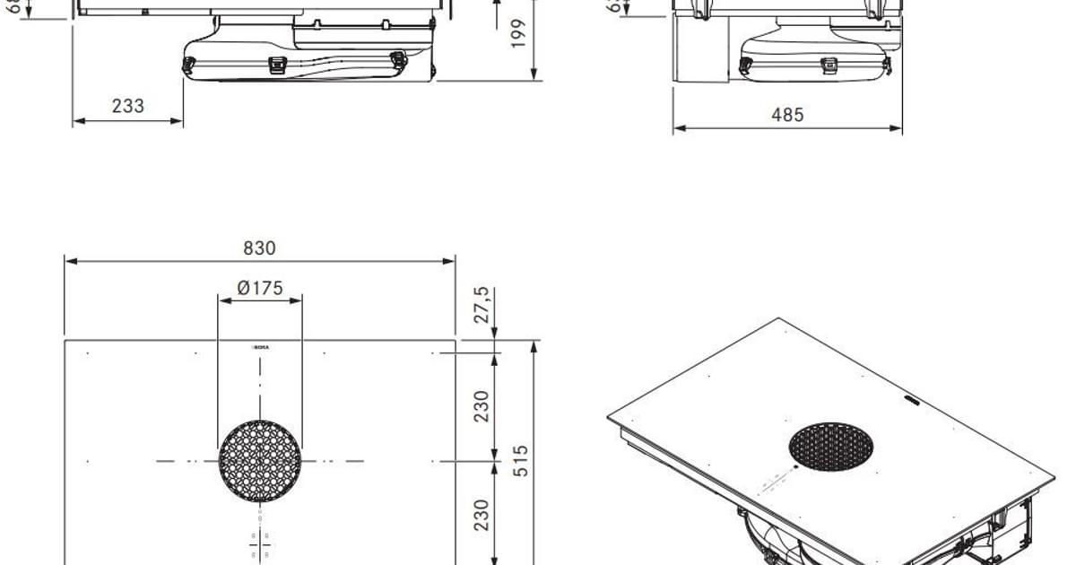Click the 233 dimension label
[128, 106]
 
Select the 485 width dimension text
[787, 115]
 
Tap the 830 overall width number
[259, 248]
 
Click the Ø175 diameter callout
[260, 288]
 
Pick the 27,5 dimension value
[482, 305]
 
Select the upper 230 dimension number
[482, 405]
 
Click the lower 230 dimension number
[482, 515]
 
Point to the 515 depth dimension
[521, 461]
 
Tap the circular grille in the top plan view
[260, 461]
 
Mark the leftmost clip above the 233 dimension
[189, 65]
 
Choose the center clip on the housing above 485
[829, 65]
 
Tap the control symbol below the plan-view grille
[260, 542]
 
